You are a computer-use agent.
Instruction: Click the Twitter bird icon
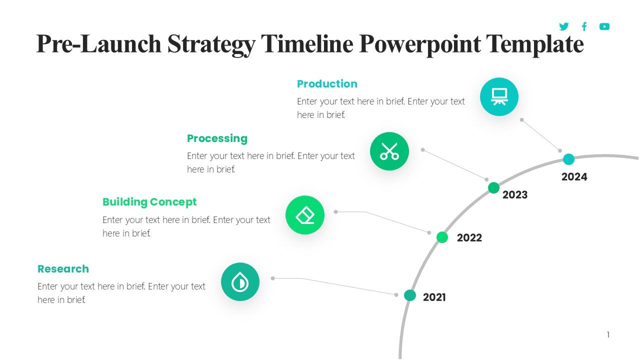564,26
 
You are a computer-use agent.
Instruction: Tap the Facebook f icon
584,26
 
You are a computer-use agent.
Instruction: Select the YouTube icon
604,26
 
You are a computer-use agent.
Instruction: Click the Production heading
327,84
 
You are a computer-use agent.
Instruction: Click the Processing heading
217,138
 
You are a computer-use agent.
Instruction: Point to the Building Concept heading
149,202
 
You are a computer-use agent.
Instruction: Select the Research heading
63,269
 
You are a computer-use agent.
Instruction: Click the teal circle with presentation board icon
499,96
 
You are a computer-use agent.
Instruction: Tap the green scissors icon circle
389,151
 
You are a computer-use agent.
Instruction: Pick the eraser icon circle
304,215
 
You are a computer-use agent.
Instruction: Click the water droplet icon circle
240,282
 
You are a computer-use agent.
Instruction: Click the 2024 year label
574,177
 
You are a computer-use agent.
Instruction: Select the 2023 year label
514,195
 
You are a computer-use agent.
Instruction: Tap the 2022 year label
469,238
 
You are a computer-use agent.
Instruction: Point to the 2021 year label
434,297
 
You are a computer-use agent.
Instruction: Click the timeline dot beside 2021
409,295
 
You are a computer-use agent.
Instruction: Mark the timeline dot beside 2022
442,237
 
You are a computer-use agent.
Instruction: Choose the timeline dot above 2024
568,159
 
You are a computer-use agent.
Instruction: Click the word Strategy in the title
210,44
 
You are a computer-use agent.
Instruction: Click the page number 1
608,334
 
